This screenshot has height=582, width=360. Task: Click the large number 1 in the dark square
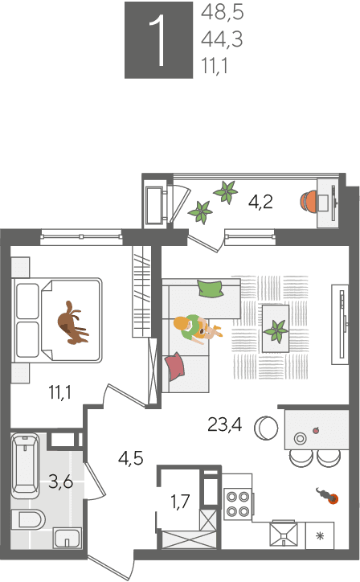158,41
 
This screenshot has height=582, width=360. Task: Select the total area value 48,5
222,12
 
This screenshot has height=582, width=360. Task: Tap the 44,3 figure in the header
222,39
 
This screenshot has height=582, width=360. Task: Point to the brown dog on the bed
73,322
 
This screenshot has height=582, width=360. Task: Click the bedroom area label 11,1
60,392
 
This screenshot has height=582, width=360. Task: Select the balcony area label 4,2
260,202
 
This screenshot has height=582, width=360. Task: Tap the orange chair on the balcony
309,202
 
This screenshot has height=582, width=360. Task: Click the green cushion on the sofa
211,288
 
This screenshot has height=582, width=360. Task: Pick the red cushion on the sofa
174,366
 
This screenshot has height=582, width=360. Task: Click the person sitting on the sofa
197,329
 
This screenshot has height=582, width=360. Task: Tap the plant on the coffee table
276,330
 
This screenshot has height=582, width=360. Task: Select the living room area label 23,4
225,424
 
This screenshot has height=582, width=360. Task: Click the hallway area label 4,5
131,458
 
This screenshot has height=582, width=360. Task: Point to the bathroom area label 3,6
61,482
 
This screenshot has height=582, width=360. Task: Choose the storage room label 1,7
180,502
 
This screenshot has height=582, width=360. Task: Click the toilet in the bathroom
28,519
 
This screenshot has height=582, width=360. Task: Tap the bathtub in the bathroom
25,465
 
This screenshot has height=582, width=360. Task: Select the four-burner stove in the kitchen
239,504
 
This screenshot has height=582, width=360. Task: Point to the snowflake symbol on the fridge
320,536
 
